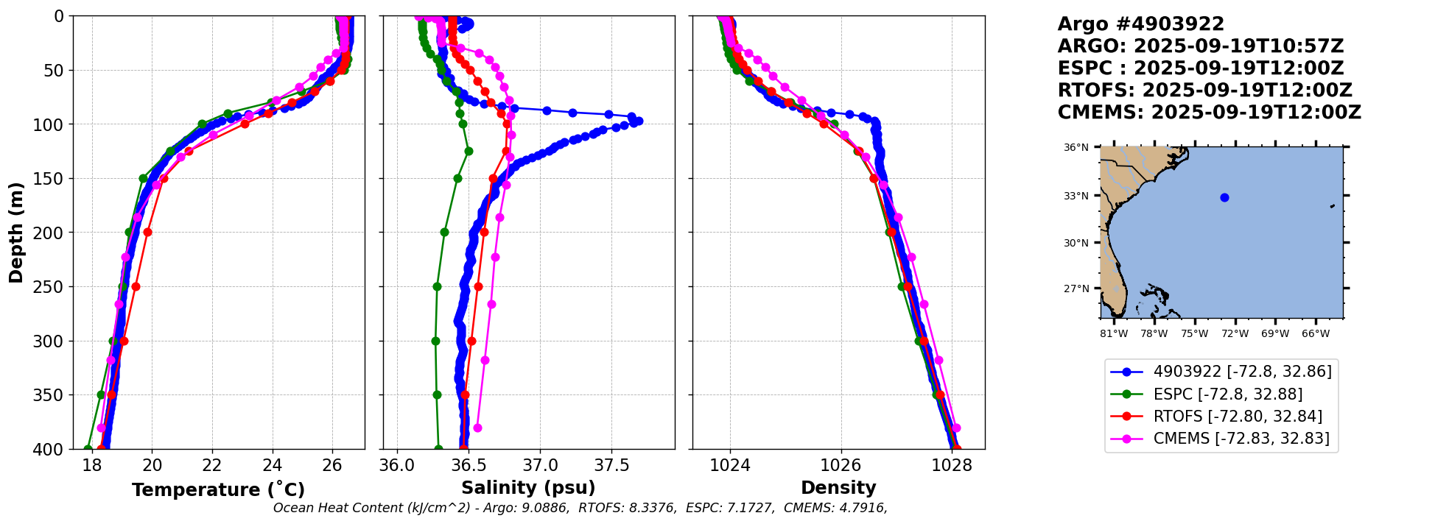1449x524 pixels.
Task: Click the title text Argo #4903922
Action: click(1140, 24)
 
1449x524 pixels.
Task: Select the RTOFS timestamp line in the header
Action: click(1204, 91)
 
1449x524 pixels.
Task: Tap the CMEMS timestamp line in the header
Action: click(1209, 113)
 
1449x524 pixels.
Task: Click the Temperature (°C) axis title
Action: click(218, 489)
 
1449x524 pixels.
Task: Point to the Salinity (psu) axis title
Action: click(528, 488)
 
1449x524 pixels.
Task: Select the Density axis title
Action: click(838, 488)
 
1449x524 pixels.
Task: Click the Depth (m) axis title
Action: click(16, 232)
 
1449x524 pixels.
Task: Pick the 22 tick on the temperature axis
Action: click(212, 466)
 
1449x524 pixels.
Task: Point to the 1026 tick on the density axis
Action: click(841, 466)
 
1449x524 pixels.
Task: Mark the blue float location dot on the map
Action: click(1224, 197)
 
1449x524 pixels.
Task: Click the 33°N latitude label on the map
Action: click(1076, 196)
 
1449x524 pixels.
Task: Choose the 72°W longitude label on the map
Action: click(1235, 333)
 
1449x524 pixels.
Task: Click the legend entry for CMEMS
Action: click(1241, 439)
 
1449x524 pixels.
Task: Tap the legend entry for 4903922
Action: click(1242, 372)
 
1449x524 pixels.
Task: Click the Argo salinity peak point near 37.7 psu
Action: click(638, 121)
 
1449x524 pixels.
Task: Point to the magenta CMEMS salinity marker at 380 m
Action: click(477, 428)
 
